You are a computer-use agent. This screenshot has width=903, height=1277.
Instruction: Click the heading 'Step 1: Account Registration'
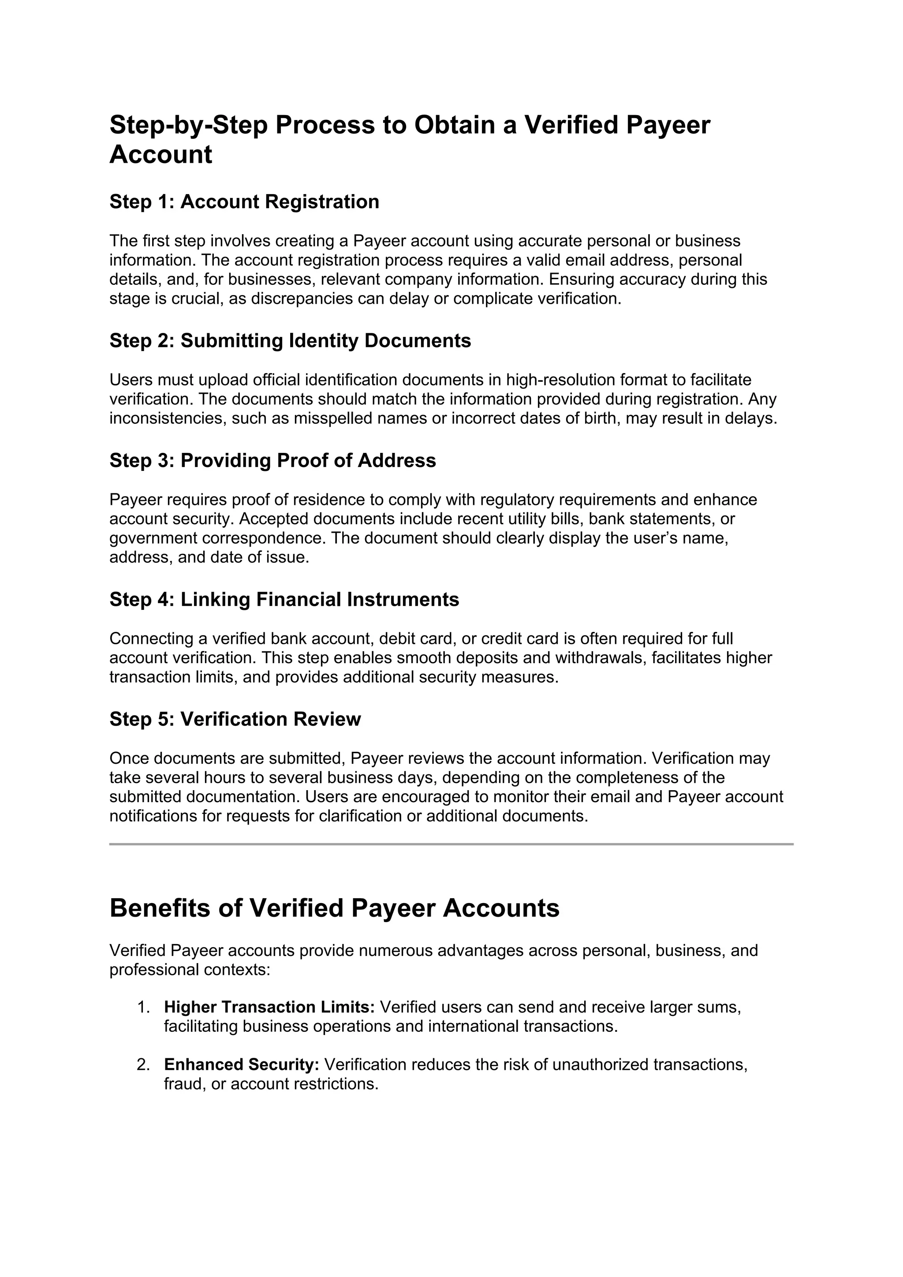click(244, 202)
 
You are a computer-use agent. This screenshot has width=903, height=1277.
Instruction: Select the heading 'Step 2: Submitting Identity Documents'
click(290, 341)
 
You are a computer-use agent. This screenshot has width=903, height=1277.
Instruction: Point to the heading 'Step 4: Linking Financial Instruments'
click(284, 600)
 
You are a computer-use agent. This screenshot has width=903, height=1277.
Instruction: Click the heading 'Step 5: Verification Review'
click(235, 719)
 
